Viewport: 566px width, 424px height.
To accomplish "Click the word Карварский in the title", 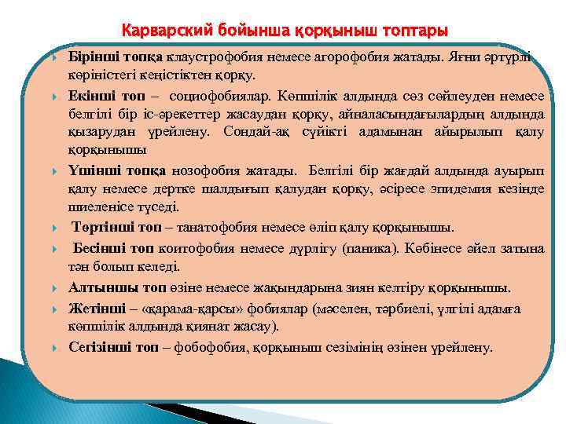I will (161, 31).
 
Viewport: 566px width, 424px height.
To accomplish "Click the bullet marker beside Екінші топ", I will (55, 96).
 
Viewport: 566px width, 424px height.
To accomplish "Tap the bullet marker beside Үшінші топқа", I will (55, 170).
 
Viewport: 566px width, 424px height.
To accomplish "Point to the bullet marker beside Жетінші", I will (55, 309).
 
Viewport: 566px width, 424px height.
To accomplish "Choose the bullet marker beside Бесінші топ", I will (55, 248).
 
